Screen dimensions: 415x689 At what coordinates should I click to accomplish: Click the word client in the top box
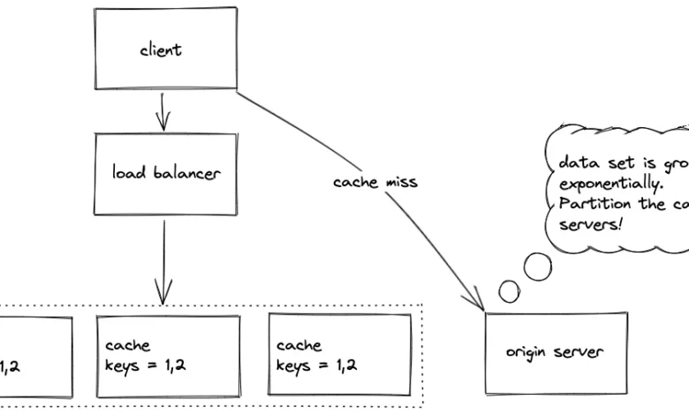point(161,50)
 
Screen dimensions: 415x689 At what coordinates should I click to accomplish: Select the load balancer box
point(166,174)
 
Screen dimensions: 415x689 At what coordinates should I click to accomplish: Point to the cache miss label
point(375,182)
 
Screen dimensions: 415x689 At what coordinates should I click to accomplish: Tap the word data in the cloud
point(574,163)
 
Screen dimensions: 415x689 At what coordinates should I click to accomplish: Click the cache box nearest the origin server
point(340,354)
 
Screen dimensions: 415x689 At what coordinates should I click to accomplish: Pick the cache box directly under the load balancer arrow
point(168,354)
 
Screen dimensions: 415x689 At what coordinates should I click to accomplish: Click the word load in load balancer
point(127,173)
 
